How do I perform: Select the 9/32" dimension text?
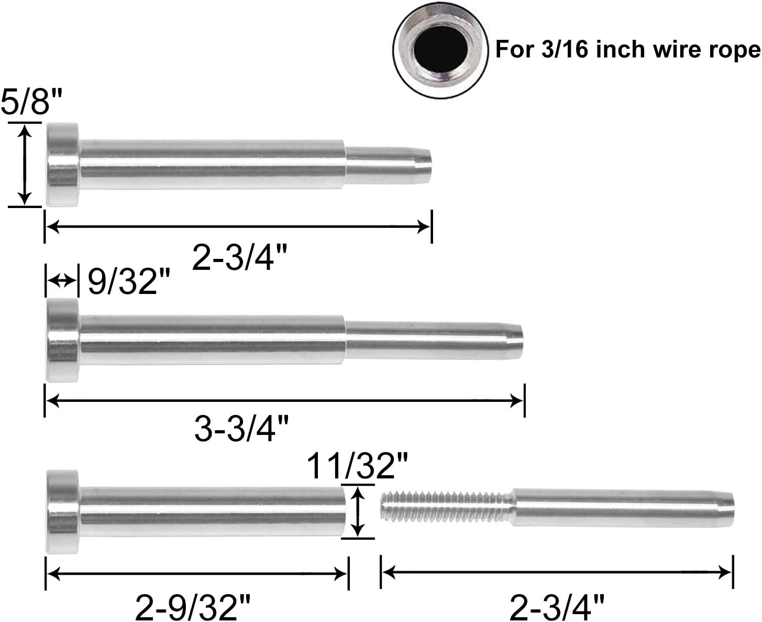(x=129, y=281)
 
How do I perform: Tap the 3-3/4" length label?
(x=241, y=428)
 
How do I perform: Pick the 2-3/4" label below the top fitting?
(x=239, y=258)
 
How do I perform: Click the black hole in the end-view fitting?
(x=440, y=50)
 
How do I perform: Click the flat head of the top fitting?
(x=62, y=165)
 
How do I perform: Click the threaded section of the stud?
(x=445, y=506)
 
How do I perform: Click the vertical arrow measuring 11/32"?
(x=357, y=511)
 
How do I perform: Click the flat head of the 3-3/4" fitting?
(x=62, y=341)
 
